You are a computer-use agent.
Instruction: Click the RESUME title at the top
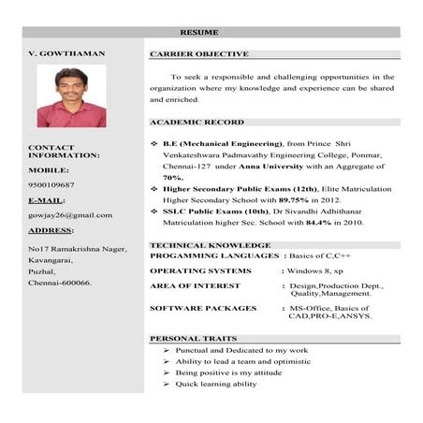point(211,33)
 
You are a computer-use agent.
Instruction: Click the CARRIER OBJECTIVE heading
point(199,54)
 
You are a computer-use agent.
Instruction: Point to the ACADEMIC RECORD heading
point(197,123)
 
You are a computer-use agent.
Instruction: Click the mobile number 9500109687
point(51,185)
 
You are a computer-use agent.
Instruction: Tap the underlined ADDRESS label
point(51,230)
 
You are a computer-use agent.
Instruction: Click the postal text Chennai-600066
point(60,282)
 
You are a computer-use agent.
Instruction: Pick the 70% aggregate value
point(173,177)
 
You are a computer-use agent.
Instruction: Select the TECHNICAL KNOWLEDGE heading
point(203,245)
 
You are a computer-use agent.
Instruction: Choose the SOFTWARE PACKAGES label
point(203,308)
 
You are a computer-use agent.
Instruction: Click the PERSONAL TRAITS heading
point(194,339)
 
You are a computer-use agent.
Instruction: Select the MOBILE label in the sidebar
point(49,170)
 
